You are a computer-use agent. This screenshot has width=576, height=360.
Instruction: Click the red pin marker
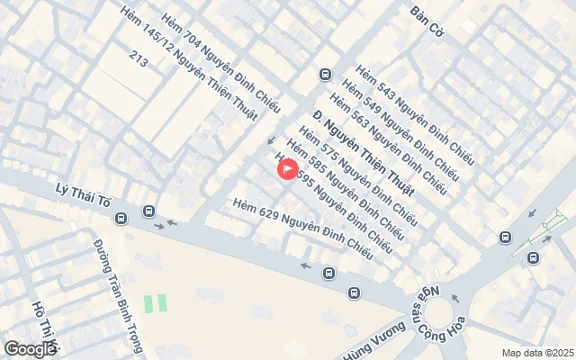point(287,168)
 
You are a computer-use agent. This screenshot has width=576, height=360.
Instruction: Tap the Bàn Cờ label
point(428,15)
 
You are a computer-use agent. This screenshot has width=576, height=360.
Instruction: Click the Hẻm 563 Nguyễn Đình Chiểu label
point(388,138)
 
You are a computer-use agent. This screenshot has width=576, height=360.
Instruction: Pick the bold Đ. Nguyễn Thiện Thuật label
point(364,154)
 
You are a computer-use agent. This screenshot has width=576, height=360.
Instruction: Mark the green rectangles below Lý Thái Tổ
point(156,303)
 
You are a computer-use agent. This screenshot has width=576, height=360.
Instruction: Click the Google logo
point(30,348)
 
